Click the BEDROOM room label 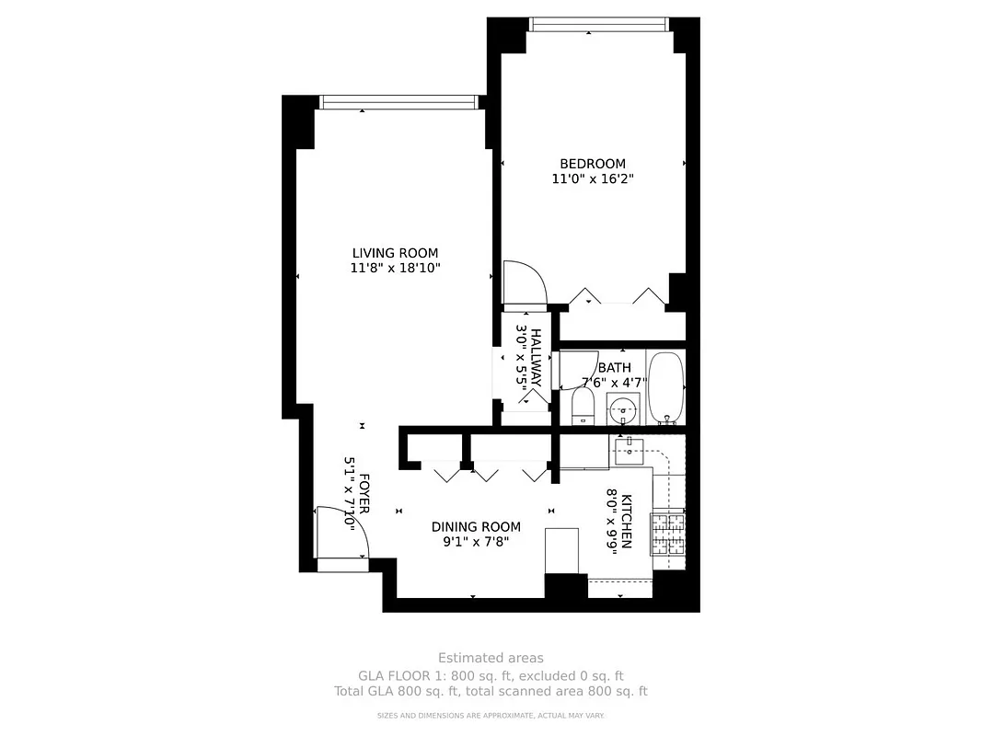592,164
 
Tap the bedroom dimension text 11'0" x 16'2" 592,179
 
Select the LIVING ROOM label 395,253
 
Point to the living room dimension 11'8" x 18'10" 395,269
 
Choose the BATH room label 614,367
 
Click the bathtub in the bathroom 664,387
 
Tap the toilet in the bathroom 583,406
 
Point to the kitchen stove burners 669,535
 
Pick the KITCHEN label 627,522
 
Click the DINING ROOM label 476,527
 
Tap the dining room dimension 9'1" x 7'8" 476,542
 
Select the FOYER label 364,493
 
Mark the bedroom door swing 524,281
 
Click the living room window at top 398,102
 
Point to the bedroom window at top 597,24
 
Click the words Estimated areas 491,658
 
